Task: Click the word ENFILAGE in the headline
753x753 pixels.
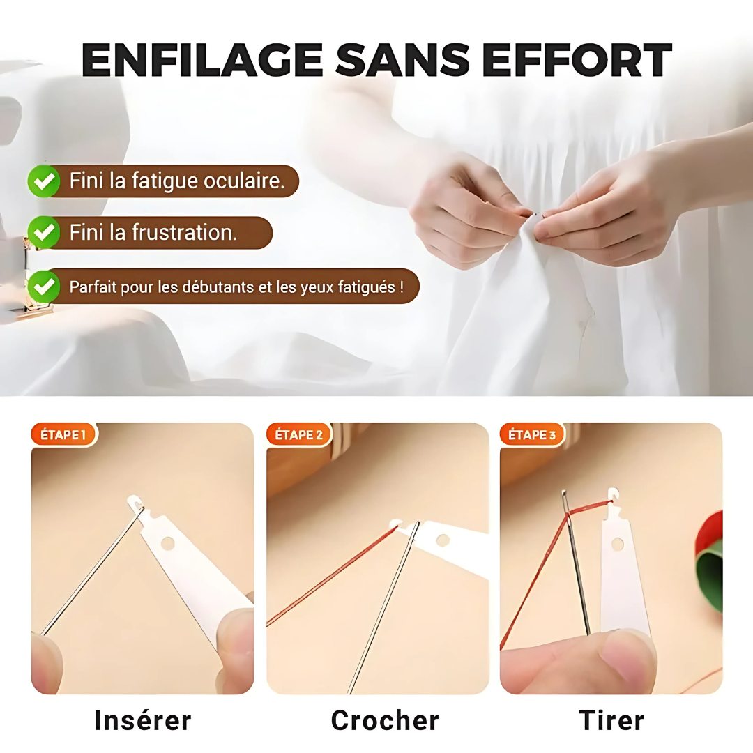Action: [x=201, y=60]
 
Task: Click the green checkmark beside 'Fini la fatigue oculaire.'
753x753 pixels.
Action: [x=44, y=181]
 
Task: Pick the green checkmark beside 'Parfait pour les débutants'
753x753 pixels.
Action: [x=44, y=286]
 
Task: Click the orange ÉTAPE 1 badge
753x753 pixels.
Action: [x=63, y=435]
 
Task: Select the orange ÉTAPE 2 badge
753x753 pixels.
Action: [x=298, y=435]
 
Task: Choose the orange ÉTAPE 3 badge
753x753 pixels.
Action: [x=532, y=435]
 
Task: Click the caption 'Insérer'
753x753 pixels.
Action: [x=142, y=720]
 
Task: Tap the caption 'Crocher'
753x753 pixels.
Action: [x=385, y=720]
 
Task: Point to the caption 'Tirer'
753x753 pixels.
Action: [x=611, y=720]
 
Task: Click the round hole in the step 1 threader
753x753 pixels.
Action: [x=168, y=542]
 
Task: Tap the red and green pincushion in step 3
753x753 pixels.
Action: [x=710, y=558]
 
